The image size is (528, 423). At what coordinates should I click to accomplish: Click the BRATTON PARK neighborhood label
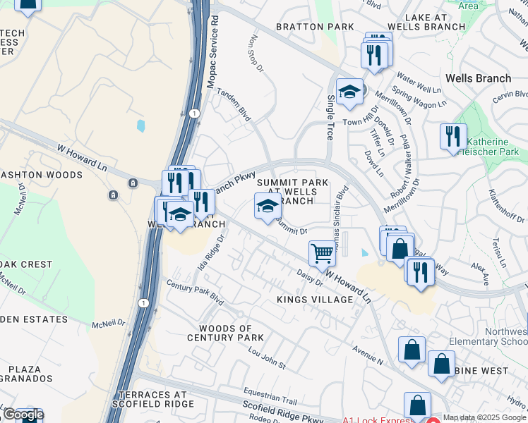coord(314,27)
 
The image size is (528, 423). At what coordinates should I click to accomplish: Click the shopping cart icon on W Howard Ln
coord(322,254)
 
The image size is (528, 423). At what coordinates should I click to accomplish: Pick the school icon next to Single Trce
coord(349,92)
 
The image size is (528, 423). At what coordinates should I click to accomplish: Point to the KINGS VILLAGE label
coord(315,300)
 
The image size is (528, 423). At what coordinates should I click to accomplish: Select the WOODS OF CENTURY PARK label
coord(220,333)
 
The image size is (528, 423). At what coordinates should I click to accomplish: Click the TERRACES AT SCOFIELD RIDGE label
coord(155,399)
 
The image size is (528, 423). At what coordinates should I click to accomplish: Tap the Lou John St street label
coord(262,357)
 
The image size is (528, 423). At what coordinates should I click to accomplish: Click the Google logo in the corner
coord(23,415)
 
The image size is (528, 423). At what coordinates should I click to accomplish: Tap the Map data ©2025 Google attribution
coord(485,417)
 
